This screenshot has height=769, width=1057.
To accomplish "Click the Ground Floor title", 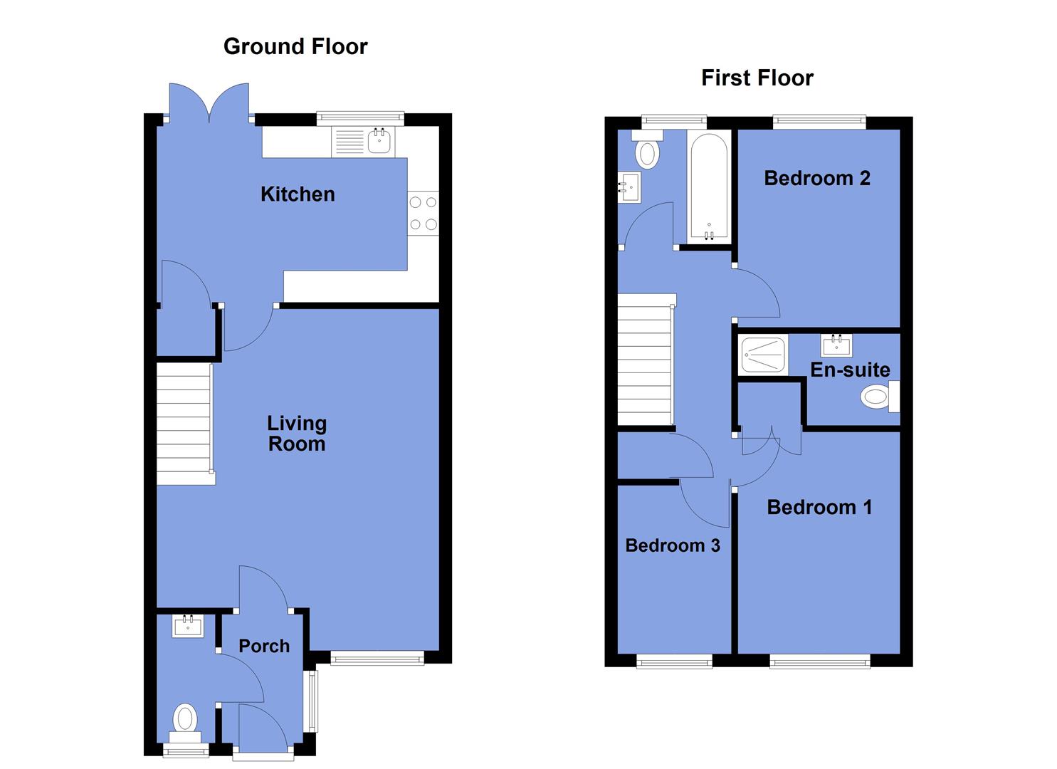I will pyautogui.click(x=295, y=46).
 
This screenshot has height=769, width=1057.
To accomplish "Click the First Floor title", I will pyautogui.click(x=757, y=78).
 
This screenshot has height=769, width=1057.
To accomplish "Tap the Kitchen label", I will pyautogui.click(x=298, y=194).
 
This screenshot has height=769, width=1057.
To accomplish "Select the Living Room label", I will pyautogui.click(x=297, y=433).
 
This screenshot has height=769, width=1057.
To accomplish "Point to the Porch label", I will pyautogui.click(x=264, y=646).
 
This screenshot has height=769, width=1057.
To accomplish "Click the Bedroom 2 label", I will pyautogui.click(x=817, y=178).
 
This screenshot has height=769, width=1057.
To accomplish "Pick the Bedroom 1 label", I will pyautogui.click(x=819, y=507).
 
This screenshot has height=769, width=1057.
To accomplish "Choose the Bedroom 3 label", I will pyautogui.click(x=673, y=545).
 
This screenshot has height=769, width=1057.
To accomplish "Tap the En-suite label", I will pyautogui.click(x=850, y=370).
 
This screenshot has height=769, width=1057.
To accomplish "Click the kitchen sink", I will pyautogui.click(x=379, y=141).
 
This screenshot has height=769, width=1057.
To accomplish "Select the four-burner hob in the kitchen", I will pyautogui.click(x=424, y=214).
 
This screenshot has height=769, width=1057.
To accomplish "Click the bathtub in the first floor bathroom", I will pyautogui.click(x=708, y=187).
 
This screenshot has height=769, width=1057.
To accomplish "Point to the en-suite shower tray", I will pyautogui.click(x=763, y=355).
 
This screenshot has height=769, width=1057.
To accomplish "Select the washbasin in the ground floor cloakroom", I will pyautogui.click(x=189, y=626).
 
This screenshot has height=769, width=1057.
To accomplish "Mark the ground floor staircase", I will pyautogui.click(x=184, y=424).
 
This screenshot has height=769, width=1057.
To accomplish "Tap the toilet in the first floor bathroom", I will pyautogui.click(x=647, y=151).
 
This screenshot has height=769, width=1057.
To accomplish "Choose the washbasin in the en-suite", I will pyautogui.click(x=836, y=345).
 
